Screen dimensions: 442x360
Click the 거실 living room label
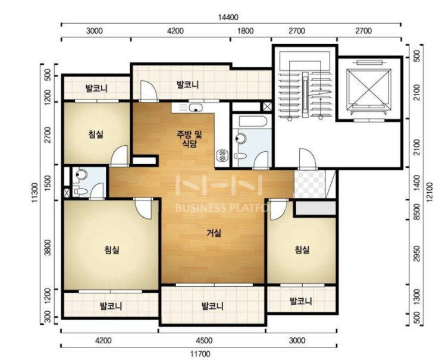214,233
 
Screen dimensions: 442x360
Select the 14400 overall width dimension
228,17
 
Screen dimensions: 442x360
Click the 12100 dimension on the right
430,192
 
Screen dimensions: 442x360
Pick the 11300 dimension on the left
35,193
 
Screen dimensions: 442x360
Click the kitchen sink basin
195,108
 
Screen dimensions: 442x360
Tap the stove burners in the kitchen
222,155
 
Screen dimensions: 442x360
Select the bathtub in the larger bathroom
253,121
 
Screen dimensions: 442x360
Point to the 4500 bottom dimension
204,340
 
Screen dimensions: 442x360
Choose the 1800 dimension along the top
245,30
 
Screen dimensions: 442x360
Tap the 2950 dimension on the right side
416,253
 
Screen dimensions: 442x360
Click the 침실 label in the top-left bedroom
96,134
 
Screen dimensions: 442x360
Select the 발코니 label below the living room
212,306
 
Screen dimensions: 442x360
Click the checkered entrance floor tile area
309,184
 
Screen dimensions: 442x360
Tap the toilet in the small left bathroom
80,192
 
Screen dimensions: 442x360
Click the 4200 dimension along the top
175,30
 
